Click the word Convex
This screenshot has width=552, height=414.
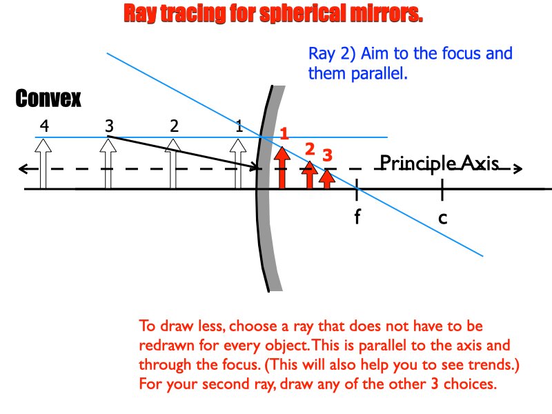tap(48, 99)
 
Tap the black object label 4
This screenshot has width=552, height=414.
tap(44, 126)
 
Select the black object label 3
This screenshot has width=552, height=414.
tap(109, 126)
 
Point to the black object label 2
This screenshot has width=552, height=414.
tap(174, 126)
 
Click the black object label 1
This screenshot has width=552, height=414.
tap(239, 126)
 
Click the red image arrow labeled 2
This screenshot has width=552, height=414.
tap(310, 175)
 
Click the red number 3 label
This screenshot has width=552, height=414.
tap(328, 154)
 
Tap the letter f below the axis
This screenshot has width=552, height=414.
tap(357, 218)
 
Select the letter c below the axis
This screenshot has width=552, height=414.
tap(442, 218)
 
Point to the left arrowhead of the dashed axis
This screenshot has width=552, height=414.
tap(24, 168)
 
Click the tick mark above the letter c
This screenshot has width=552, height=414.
tap(442, 188)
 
